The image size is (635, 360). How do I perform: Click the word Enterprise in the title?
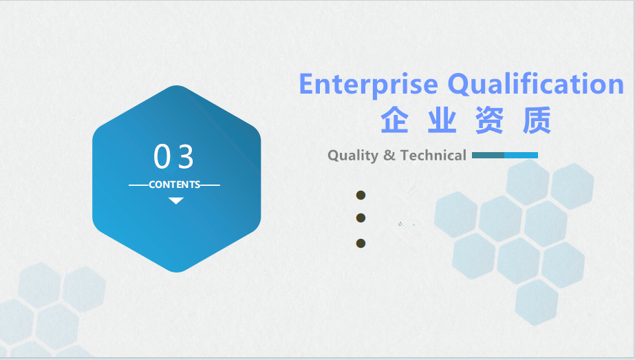point(369,85)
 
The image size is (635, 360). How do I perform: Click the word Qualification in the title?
point(536,85)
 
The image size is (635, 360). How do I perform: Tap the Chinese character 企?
point(394,120)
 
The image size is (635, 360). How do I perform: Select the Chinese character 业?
point(442,120)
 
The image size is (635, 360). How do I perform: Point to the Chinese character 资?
point(489,120)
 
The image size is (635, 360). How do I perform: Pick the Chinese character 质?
point(537,120)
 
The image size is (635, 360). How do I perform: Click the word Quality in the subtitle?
point(353,156)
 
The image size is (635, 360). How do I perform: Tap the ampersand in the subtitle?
point(389,155)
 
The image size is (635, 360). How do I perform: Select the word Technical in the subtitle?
point(433,155)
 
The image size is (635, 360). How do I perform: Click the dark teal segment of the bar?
point(488,156)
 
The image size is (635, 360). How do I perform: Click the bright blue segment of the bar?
point(521,156)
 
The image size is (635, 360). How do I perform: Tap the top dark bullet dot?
point(360,195)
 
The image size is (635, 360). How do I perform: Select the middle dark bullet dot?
point(360,218)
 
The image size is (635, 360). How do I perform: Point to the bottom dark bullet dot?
point(360,243)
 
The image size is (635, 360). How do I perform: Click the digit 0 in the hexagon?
point(162,156)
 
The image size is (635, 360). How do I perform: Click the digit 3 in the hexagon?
point(186,156)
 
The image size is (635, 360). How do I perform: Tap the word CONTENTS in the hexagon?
point(175,184)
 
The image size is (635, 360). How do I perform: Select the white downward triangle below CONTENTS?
point(176,201)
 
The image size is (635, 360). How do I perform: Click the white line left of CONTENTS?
point(139,185)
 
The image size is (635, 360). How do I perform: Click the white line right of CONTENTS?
point(211,185)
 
